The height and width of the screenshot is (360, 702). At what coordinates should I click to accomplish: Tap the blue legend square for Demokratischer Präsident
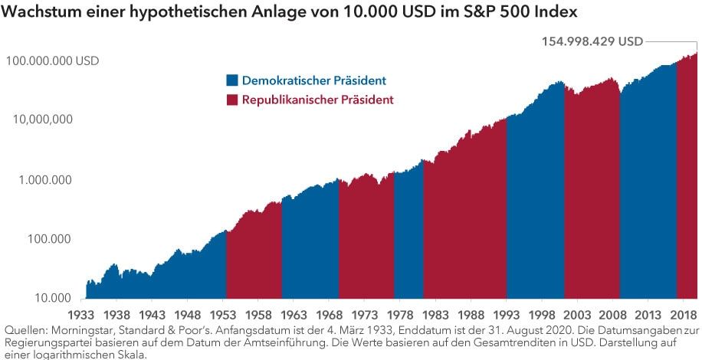(x=232, y=80)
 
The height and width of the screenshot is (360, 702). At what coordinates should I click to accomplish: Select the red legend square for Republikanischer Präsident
(x=232, y=100)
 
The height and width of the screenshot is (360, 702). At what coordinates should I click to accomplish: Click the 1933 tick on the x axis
(x=80, y=314)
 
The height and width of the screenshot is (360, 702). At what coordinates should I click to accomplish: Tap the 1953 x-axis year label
(x=225, y=314)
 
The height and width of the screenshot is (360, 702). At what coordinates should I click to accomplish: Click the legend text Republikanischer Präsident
(x=318, y=100)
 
